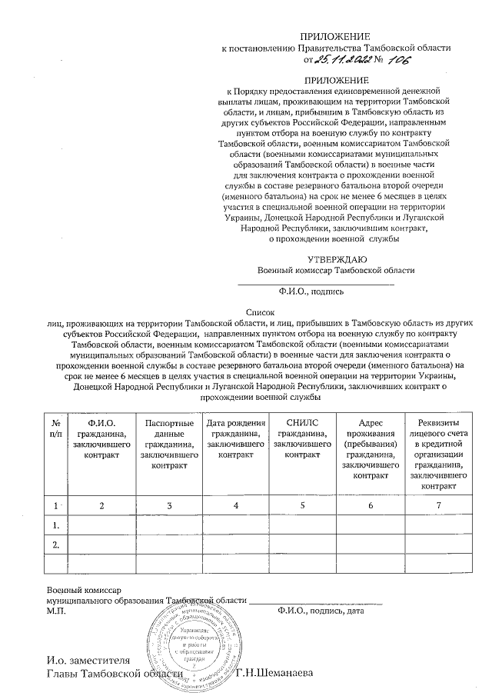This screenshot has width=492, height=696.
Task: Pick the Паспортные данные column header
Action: (x=169, y=444)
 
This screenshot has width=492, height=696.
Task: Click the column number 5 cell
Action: (x=302, y=505)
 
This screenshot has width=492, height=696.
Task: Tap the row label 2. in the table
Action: (x=55, y=545)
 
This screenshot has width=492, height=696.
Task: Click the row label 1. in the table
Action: (x=55, y=525)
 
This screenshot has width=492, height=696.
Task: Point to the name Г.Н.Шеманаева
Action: (x=275, y=674)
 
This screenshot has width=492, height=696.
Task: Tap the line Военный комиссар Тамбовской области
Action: (x=336, y=270)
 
